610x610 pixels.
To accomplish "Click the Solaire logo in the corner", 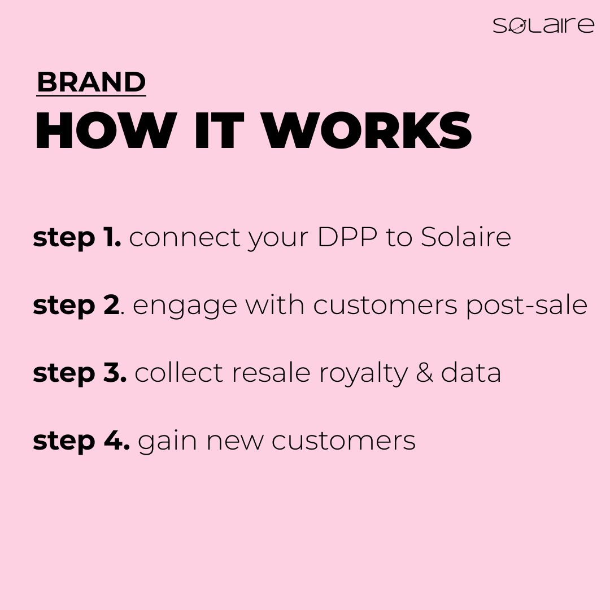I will click(543, 25).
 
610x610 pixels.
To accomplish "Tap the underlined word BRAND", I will click(91, 82).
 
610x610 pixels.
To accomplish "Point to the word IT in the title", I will click(219, 131).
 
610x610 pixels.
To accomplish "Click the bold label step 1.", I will click(77, 238).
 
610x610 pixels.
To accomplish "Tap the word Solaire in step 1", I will click(466, 238).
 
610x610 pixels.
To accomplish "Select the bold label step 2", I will click(76, 306).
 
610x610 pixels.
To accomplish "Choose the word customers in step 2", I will click(385, 306).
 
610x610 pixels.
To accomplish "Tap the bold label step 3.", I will click(80, 373).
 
